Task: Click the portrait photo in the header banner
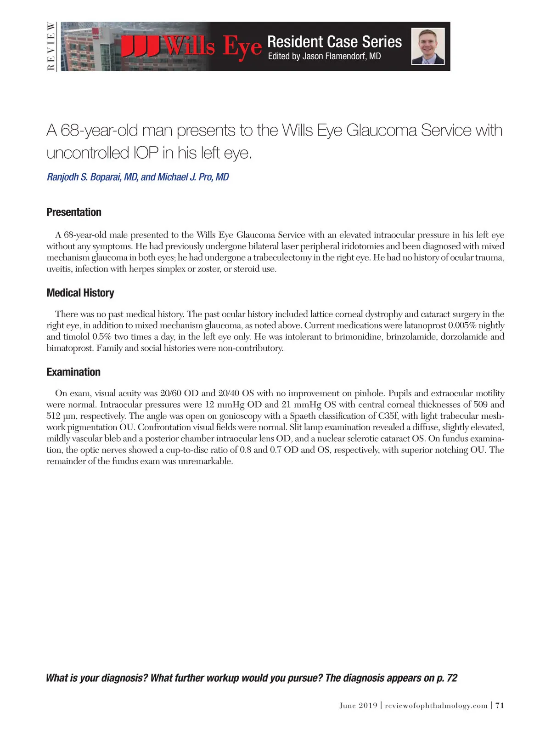[427, 46]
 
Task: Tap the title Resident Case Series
[334, 42]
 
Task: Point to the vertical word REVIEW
[51, 46]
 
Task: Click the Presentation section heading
[74, 212]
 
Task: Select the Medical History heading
[80, 293]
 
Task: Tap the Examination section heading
[73, 372]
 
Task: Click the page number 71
[500, 705]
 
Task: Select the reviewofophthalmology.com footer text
[436, 705]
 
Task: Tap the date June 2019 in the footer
[358, 705]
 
